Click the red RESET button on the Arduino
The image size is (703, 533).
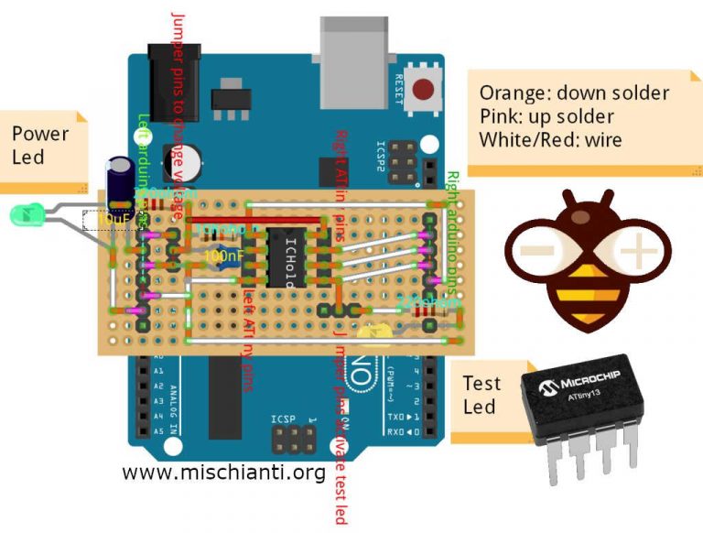coord(423,90)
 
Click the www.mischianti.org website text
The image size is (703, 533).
coord(223,473)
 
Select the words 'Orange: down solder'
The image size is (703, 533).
coord(574,93)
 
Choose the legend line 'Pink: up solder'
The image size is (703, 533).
coord(546,117)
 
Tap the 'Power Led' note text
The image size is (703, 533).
coord(40,145)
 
